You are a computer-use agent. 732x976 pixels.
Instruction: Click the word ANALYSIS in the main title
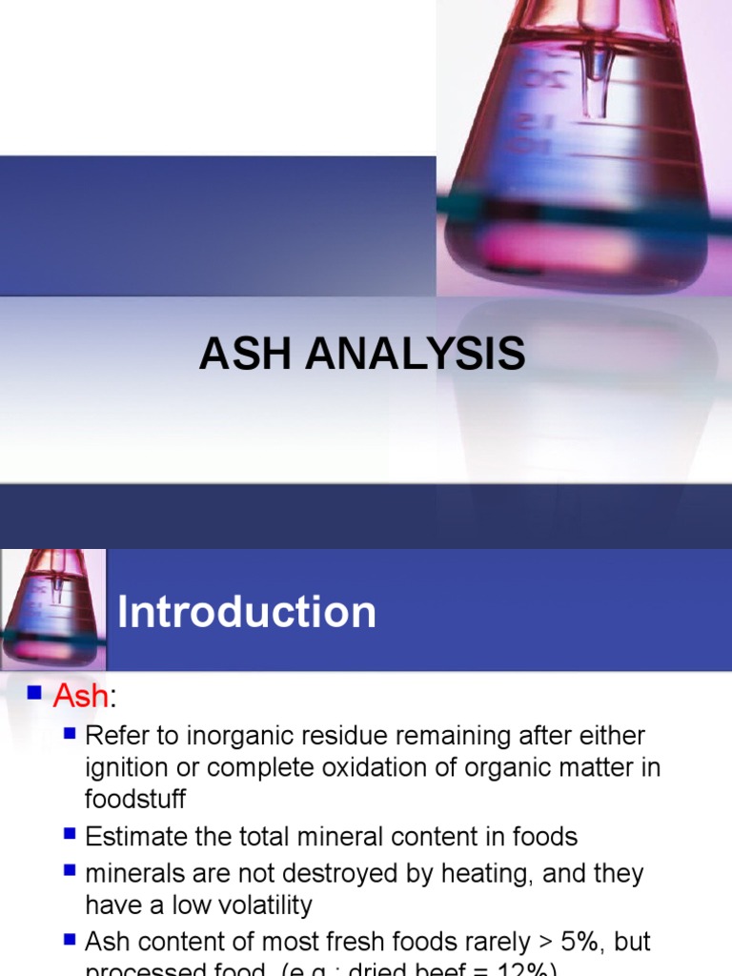[411, 355]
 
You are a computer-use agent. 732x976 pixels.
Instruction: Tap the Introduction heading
[247, 612]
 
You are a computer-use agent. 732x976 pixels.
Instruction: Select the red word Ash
[81, 697]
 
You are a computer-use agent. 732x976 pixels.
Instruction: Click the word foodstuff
[134, 798]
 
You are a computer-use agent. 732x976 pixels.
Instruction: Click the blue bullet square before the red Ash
[35, 695]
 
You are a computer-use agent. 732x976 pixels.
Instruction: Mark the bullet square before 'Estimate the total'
[69, 835]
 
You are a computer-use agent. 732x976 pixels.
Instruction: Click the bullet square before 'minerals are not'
[69, 871]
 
